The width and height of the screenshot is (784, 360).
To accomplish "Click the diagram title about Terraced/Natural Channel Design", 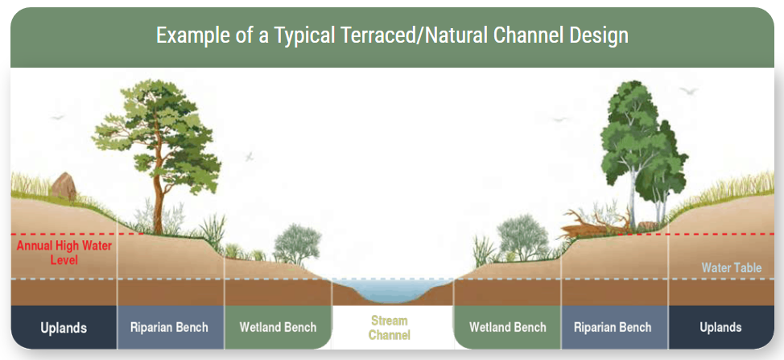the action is pyautogui.click(x=392, y=36).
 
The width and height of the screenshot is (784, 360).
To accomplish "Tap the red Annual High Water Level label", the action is pyautogui.click(x=64, y=253).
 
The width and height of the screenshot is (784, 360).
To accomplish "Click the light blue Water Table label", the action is pyautogui.click(x=732, y=268).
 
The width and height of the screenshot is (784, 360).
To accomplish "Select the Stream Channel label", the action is pyautogui.click(x=390, y=328).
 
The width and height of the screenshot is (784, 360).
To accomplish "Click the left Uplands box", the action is pyautogui.click(x=64, y=328).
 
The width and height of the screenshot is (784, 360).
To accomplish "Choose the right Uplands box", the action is pyautogui.click(x=721, y=328).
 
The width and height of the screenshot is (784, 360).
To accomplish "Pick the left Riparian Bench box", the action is pyautogui.click(x=170, y=328).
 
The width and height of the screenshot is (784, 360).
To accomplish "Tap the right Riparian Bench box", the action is pyautogui.click(x=614, y=328).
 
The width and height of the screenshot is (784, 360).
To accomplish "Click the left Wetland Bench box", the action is pyautogui.click(x=278, y=328).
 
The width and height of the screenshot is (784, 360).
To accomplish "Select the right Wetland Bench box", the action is pyautogui.click(x=507, y=328).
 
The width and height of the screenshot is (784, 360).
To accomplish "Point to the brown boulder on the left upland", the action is pyautogui.click(x=64, y=186).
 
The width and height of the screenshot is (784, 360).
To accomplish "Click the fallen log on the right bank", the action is pyautogui.click(x=595, y=225).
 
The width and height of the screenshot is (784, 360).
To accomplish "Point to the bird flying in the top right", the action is pyautogui.click(x=688, y=90).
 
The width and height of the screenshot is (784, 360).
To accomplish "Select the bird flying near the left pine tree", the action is pyautogui.click(x=250, y=156).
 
